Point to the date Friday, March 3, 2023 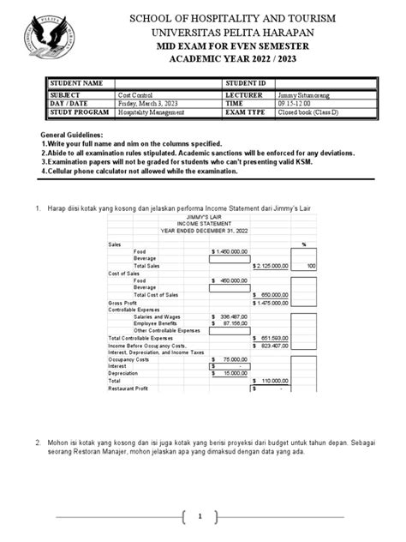[x=148, y=103]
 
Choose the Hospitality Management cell [x=152, y=112]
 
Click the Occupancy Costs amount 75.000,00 [x=230, y=359]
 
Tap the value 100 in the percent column [x=311, y=267]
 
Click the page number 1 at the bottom [x=200, y=516]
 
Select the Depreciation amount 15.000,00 [x=230, y=374]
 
